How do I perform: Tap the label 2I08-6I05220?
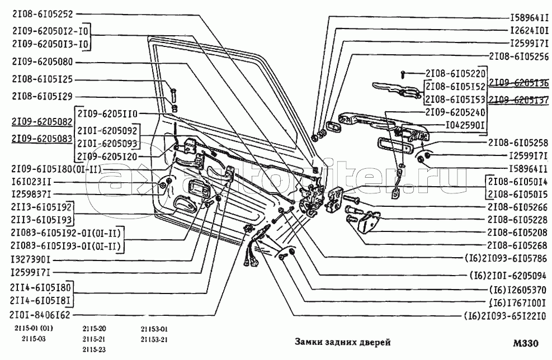455,73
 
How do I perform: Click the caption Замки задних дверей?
342,342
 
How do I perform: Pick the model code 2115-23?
93,350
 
